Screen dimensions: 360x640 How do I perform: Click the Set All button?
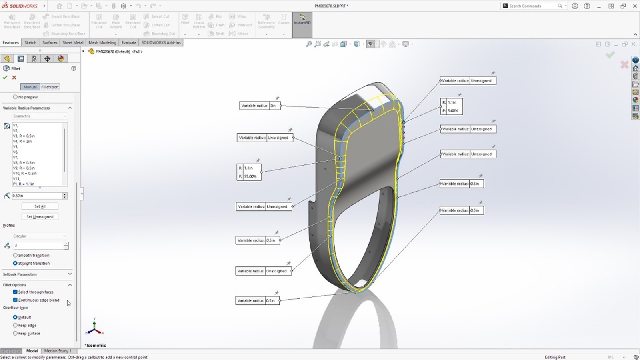click(40, 206)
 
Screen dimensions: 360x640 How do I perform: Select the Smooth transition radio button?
click(15, 255)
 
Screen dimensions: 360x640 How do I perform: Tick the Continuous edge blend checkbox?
click(15, 300)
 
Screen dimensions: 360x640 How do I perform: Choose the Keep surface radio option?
click(15, 333)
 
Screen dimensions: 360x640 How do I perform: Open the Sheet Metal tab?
click(73, 42)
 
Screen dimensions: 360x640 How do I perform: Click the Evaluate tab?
click(129, 42)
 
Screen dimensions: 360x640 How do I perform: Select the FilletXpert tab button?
click(50, 87)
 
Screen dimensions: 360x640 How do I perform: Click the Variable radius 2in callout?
click(260, 106)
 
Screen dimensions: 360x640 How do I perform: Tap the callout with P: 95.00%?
click(249, 172)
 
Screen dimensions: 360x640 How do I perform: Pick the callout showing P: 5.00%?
click(451, 106)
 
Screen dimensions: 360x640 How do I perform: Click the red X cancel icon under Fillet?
click(14, 78)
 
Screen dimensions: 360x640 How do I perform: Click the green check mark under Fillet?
click(5, 78)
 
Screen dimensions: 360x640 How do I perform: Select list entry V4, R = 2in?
click(22, 141)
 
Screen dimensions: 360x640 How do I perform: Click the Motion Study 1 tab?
click(58, 351)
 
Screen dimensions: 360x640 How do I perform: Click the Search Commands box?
click(532, 6)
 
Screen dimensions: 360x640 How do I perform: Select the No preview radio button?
click(15, 97)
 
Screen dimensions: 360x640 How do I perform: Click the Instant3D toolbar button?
click(302, 20)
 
